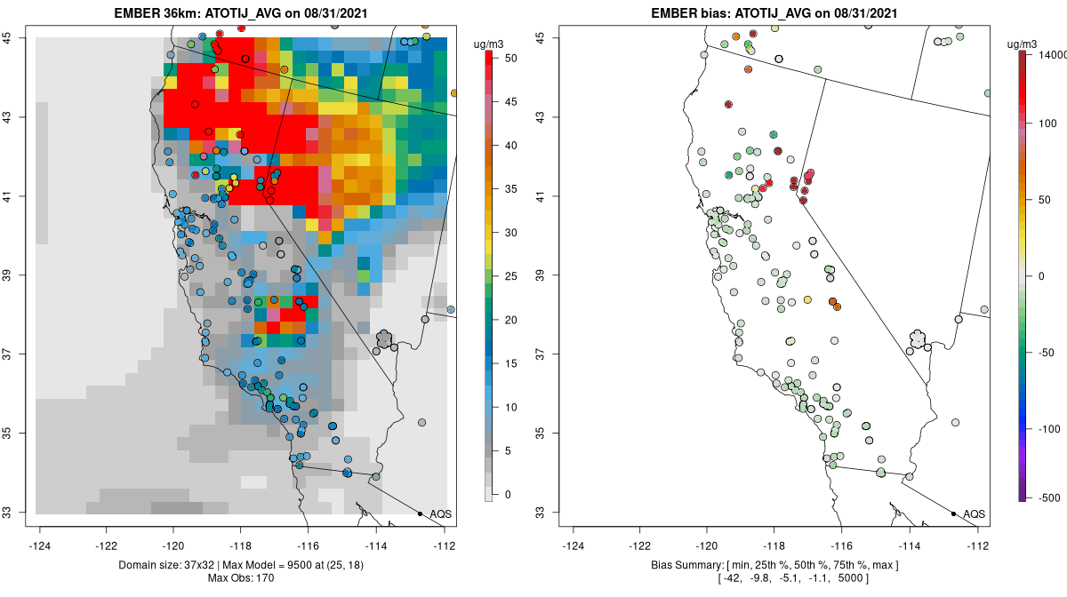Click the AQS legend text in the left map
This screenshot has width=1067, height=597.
click(x=440, y=514)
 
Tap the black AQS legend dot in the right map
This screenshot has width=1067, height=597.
click(x=953, y=513)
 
